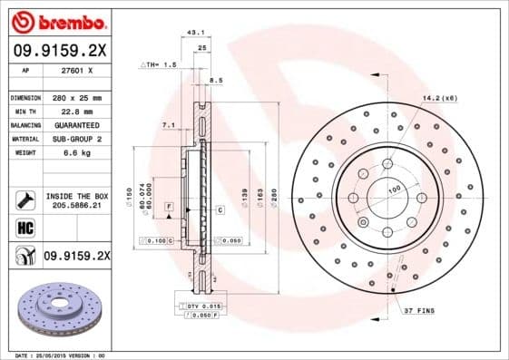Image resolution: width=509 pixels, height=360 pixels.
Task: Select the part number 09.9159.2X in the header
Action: [x=59, y=51]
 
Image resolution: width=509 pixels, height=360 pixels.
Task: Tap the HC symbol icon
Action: [x=25, y=228]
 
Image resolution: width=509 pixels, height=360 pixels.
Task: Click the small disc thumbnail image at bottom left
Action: [x=58, y=308]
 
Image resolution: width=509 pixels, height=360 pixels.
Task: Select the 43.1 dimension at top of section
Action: [x=193, y=32]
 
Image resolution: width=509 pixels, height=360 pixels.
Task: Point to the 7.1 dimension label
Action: [x=168, y=124]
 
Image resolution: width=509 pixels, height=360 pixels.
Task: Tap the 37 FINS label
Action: [x=420, y=311]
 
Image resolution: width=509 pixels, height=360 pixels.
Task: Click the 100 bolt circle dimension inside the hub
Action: [x=395, y=190]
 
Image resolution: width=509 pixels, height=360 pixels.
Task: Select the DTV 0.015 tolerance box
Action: [x=201, y=308]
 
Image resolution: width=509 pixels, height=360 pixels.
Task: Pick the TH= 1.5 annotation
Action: [x=160, y=66]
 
